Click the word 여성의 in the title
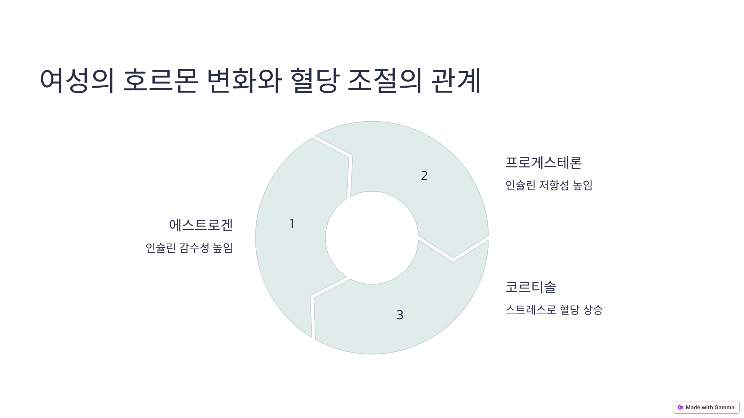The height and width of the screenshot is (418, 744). tap(77, 81)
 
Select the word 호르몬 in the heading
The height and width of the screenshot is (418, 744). tap(160, 81)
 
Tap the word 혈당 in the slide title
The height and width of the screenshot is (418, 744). tap(315, 81)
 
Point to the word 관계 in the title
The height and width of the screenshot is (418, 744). tap(456, 81)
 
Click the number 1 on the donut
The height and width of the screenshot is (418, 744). tap(292, 224)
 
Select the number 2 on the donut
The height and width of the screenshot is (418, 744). tap(424, 176)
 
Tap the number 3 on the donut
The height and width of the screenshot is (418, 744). tap(400, 315)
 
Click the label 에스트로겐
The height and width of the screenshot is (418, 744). tap(201, 225)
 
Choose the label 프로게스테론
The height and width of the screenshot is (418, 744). tap(543, 163)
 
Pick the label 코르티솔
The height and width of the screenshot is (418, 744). tap(531, 287)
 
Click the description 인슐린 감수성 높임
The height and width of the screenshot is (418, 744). tap(189, 248)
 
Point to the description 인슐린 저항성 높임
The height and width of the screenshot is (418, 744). tap(549, 185)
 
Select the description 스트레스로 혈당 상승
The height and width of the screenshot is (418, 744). tap(554, 310)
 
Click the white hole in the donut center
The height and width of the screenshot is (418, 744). tap(372, 238)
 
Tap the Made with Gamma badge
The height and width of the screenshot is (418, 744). tap(706, 407)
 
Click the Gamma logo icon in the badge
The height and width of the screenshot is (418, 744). tap(680, 407)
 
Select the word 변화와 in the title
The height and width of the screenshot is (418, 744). tap(244, 81)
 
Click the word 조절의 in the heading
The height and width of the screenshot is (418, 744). tap(384, 81)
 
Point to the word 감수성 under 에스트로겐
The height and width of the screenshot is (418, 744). tap(194, 248)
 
